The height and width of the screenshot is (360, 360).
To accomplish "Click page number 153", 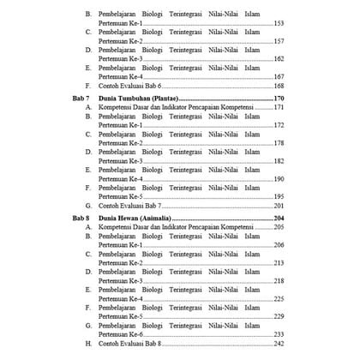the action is point(278,23).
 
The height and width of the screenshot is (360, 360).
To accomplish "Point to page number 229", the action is point(278,316).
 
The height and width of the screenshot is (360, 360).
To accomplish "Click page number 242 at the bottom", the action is point(278,344).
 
